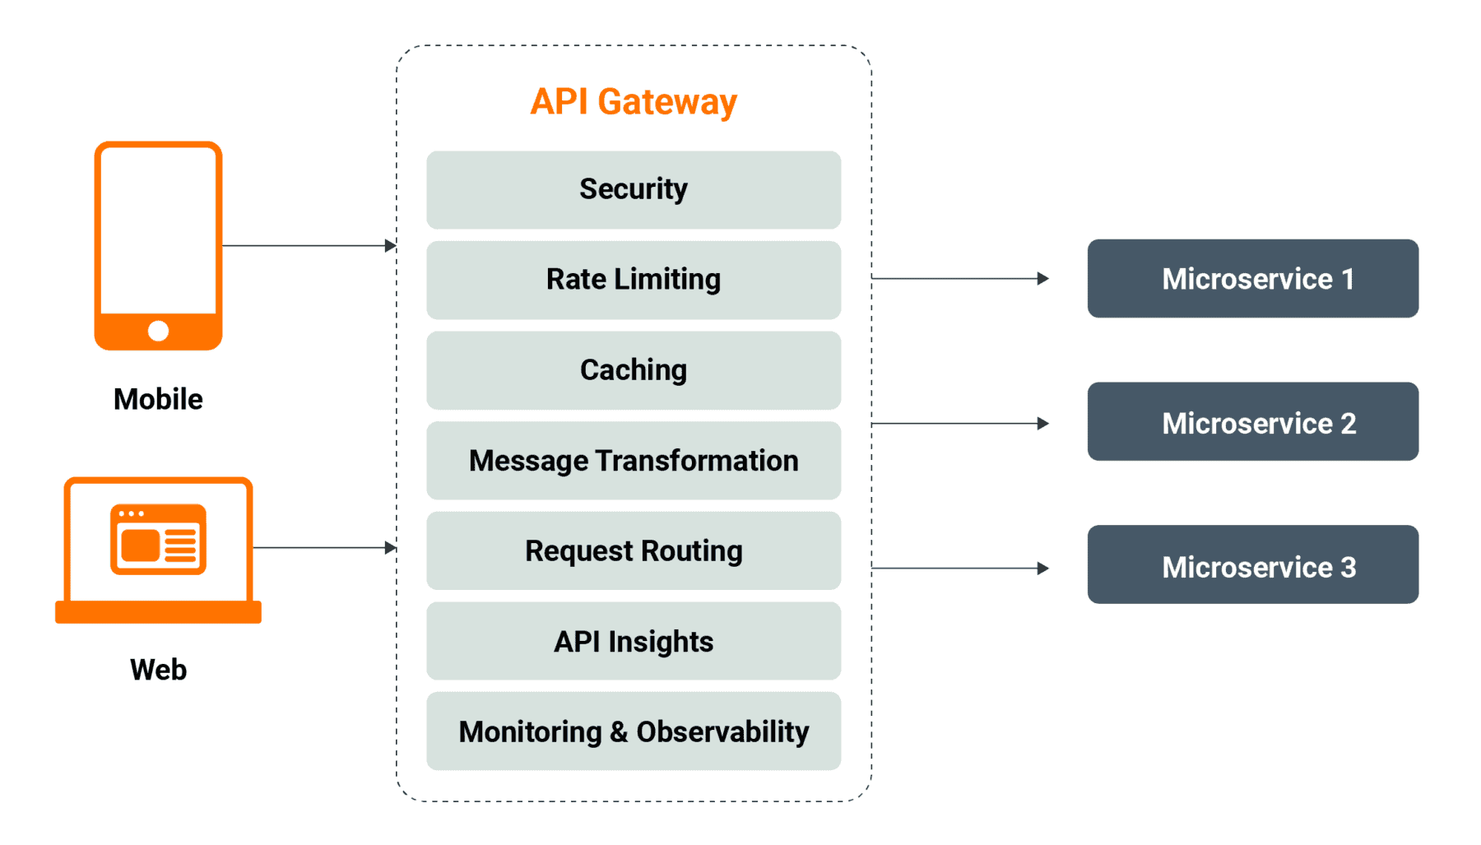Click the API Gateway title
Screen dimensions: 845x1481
tap(633, 102)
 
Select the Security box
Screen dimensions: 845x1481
tap(633, 189)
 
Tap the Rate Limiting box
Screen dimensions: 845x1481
tap(633, 280)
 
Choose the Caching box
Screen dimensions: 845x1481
tap(633, 370)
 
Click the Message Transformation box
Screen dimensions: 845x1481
tap(633, 461)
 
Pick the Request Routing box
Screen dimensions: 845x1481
tap(633, 550)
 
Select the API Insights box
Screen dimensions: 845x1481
tap(633, 641)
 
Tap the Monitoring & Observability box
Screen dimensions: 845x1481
tap(633, 731)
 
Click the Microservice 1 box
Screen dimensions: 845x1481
tap(1252, 279)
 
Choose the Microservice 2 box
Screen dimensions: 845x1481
tap(1252, 422)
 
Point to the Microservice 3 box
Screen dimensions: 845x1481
tap(1252, 565)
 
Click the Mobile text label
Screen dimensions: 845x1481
tap(158, 399)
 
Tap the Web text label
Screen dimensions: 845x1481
tap(158, 670)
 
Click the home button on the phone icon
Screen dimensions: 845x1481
tap(158, 331)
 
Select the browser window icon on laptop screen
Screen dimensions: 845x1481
tap(158, 539)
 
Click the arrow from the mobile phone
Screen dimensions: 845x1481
tap(309, 245)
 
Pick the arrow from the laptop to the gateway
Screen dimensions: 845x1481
tap(324, 547)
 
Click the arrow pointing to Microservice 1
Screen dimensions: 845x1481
tap(959, 279)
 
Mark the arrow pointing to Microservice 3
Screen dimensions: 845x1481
tap(959, 568)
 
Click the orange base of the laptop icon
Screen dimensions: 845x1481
tap(158, 612)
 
